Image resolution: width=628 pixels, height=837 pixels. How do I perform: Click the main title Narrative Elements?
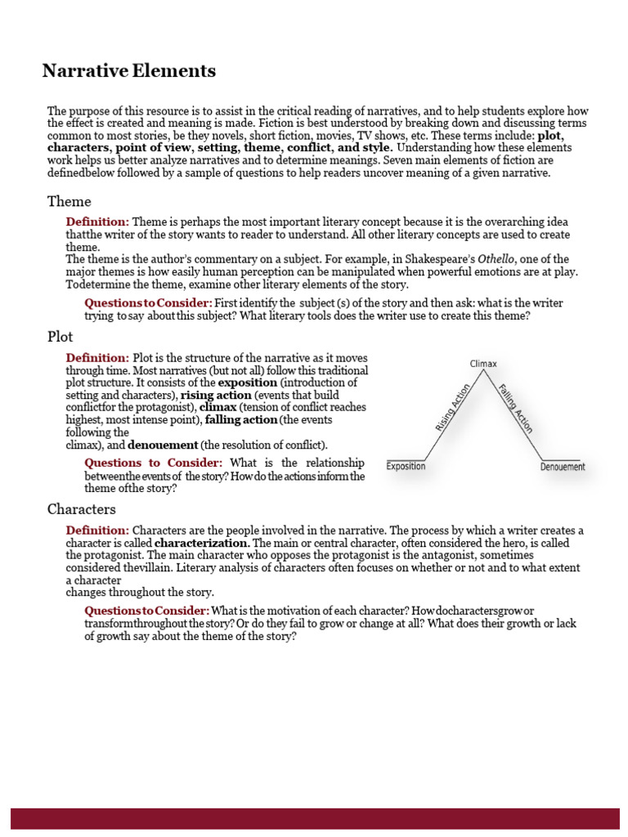129,71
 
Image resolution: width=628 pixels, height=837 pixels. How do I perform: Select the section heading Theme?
70,201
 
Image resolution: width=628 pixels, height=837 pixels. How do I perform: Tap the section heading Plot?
61,336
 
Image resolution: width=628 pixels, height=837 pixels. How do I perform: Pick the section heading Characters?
81,509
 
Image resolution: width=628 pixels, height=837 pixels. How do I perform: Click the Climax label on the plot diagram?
483,364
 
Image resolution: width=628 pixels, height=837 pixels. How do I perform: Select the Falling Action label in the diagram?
515,408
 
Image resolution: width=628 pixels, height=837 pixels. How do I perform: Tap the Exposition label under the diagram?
406,467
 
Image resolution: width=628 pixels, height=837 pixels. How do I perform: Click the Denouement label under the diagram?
563,467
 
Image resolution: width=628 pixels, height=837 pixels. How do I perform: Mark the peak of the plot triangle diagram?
484,373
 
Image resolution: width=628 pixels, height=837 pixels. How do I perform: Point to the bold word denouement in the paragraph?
163,445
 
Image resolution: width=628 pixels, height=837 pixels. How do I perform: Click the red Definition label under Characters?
97,530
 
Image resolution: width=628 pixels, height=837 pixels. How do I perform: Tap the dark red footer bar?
314,818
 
